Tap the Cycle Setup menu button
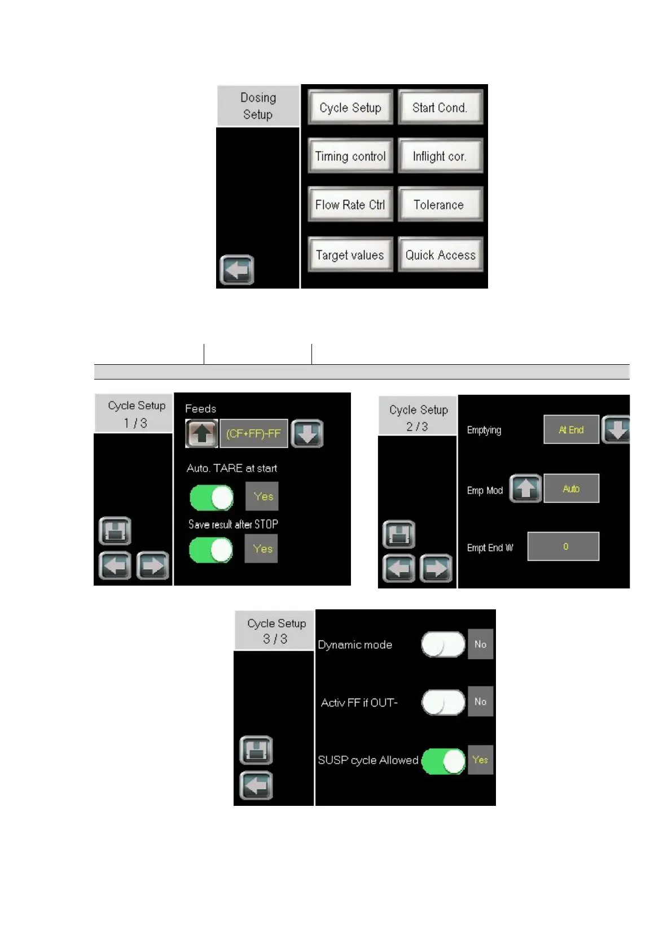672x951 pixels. (350, 107)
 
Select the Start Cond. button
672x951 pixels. (440, 107)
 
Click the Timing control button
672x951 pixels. (350, 156)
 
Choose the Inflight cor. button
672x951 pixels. (440, 156)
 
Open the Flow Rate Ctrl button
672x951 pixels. (350, 204)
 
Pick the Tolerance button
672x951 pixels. (440, 204)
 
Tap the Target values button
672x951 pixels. (350, 255)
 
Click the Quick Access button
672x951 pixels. (440, 255)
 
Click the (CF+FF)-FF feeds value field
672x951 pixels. (253, 434)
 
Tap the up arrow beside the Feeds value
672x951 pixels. (202, 434)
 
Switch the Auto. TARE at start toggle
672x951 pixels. (212, 498)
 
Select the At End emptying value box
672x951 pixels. (571, 430)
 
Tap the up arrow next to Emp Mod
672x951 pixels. (525, 488)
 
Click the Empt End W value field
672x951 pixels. (563, 546)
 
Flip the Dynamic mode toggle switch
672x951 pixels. (443, 644)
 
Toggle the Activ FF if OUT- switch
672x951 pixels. (443, 702)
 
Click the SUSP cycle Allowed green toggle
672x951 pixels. (443, 761)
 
